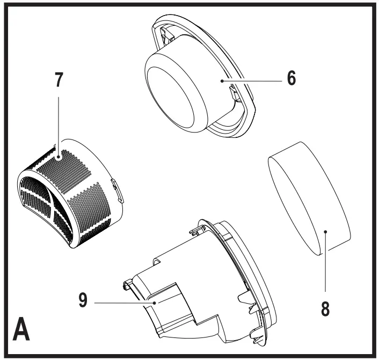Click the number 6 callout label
point(290,79)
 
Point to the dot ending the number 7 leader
point(60,157)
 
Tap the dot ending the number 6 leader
point(221,80)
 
